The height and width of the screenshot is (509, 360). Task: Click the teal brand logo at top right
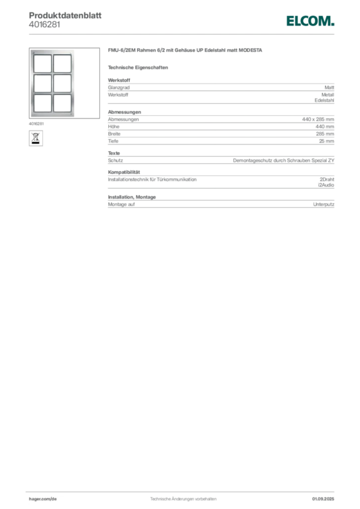click(x=310, y=21)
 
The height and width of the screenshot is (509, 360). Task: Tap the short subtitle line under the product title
click(x=140, y=67)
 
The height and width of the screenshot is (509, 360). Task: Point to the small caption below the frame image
click(x=37, y=122)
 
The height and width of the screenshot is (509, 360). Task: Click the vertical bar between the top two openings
click(x=52, y=63)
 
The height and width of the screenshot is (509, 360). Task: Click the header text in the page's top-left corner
click(x=65, y=15)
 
